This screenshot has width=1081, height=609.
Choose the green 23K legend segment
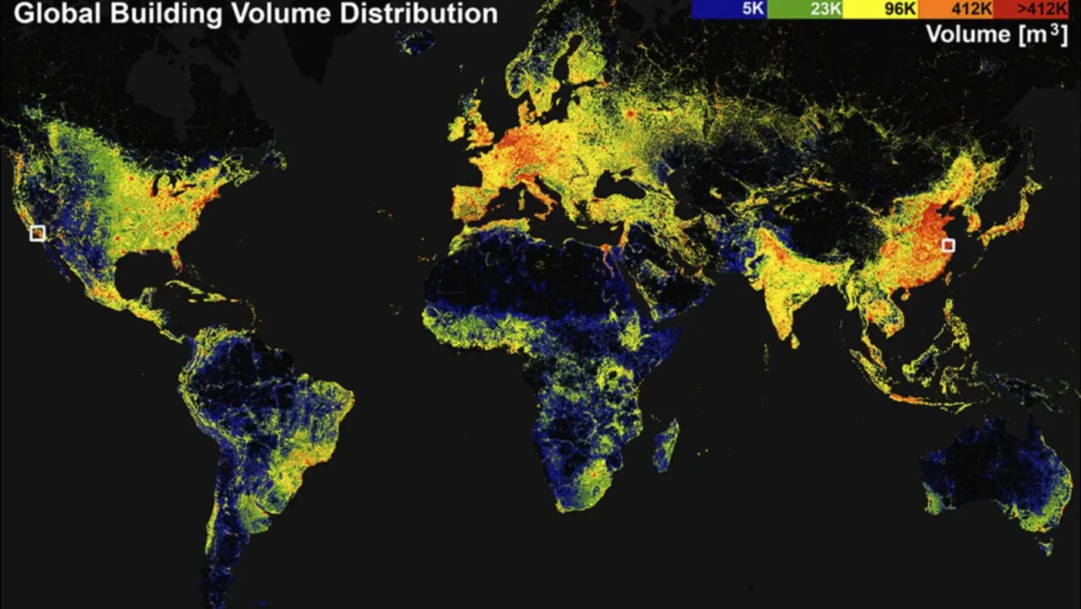(804, 9)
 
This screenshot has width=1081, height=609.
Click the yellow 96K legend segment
(879, 9)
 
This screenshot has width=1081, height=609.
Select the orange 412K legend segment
(955, 9)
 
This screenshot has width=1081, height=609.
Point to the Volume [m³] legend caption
(996, 34)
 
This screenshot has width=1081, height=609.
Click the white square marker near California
(37, 233)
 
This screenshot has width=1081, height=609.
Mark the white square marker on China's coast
(948, 246)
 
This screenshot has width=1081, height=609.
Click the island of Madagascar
(666, 446)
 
